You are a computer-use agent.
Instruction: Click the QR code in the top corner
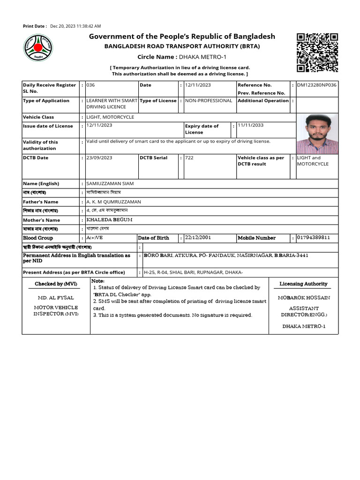(317, 52)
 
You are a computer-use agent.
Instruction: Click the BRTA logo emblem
(38, 49)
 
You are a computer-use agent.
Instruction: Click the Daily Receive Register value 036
(90, 85)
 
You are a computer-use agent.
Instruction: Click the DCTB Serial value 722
(189, 158)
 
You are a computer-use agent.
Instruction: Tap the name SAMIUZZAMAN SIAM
(110, 184)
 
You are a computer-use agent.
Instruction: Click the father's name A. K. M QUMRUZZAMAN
(113, 202)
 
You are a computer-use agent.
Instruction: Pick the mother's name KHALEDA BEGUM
(109, 220)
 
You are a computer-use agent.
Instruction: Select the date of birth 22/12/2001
(198, 238)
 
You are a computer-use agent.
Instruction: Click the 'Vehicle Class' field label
(38, 117)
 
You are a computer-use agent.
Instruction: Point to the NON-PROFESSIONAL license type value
(209, 101)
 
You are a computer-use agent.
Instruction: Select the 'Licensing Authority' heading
(303, 284)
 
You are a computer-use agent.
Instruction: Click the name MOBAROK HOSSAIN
(304, 298)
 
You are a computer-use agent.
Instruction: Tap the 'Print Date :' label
(35, 26)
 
